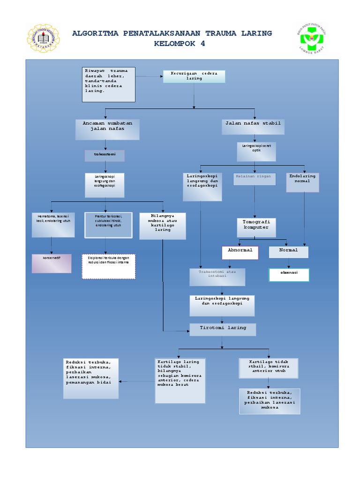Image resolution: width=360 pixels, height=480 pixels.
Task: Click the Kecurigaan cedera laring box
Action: pyautogui.click(x=194, y=76)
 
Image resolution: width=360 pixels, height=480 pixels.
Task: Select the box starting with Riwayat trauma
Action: pyautogui.click(x=108, y=84)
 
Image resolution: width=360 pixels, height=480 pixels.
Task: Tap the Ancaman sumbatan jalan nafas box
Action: pyautogui.click(x=107, y=129)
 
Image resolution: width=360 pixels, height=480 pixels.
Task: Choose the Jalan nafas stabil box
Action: pyautogui.click(x=253, y=126)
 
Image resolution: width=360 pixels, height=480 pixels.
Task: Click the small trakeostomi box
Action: pyautogui.click(x=105, y=156)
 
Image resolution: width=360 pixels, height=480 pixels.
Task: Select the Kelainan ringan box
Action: pyautogui.click(x=254, y=179)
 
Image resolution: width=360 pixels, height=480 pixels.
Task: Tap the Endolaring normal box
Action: pyautogui.click(x=303, y=182)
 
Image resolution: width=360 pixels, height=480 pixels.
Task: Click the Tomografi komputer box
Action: pyautogui.click(x=256, y=227)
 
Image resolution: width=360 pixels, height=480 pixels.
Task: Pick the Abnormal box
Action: pyautogui.click(x=240, y=252)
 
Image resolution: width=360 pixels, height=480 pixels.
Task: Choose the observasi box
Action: pyautogui.click(x=289, y=275)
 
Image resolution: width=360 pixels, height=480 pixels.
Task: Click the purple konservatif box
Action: pyautogui.click(x=52, y=263)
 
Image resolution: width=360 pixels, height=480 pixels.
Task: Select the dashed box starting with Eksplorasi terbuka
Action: pyautogui.click(x=109, y=266)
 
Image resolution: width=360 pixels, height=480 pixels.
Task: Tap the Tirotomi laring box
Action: pyautogui.click(x=223, y=329)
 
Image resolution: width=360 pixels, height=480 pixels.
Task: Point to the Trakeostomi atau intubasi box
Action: pyautogui.click(x=217, y=277)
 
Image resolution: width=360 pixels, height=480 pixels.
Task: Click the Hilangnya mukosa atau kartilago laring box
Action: pyautogui.click(x=163, y=226)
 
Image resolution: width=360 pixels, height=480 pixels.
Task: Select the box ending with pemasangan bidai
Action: pyautogui.click(x=91, y=378)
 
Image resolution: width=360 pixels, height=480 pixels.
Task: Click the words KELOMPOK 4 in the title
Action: pyautogui.click(x=180, y=44)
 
